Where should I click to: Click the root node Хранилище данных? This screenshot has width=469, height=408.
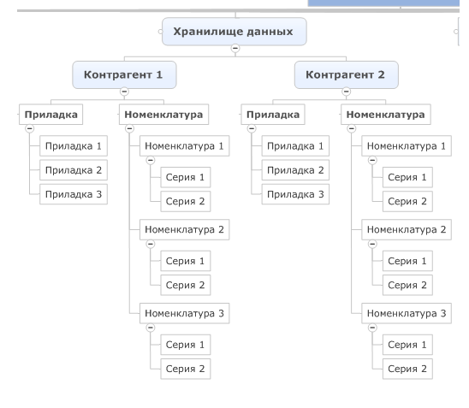pos(234,32)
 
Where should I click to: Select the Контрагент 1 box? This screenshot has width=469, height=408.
pos(124,74)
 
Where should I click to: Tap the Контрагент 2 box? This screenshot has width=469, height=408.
pos(347,74)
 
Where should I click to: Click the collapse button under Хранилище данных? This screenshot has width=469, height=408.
pos(235,48)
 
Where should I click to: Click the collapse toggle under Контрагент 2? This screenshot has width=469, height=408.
pos(347,92)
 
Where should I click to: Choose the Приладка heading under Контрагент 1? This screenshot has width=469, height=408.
pos(50,115)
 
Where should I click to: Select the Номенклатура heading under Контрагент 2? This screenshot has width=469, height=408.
pos(386,115)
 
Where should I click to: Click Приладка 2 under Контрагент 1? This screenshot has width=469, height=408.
pos(74,170)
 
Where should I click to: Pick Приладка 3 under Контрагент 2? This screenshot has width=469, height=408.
pos(295,194)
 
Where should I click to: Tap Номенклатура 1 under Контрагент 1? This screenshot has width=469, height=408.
pos(185,146)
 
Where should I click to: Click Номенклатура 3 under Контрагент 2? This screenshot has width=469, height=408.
pos(407,313)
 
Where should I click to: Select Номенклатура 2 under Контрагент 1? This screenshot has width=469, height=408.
pos(185,229)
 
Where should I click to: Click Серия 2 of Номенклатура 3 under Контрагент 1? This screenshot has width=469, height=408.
pos(186,369)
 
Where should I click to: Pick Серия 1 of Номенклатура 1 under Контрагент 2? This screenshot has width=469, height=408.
pos(407,177)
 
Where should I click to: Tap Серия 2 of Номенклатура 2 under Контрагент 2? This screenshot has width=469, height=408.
pos(407,285)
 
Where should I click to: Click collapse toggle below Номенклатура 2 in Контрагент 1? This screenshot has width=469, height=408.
pos(151,244)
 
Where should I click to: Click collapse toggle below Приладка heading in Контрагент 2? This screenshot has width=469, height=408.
pos(252,128)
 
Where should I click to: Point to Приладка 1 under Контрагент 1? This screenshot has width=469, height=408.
pos(74,146)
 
